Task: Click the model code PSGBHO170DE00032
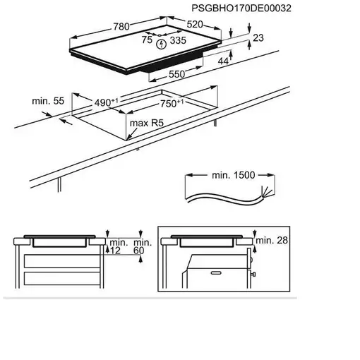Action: (x=241, y=8)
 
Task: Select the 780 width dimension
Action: (x=121, y=26)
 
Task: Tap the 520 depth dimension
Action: (x=195, y=24)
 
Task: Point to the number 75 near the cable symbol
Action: (x=147, y=40)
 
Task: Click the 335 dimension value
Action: (x=178, y=40)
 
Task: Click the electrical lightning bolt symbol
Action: (x=162, y=44)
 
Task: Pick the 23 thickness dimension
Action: (x=258, y=37)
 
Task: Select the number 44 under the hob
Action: (x=223, y=61)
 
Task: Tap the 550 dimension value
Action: (x=177, y=74)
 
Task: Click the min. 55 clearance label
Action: (x=48, y=101)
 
